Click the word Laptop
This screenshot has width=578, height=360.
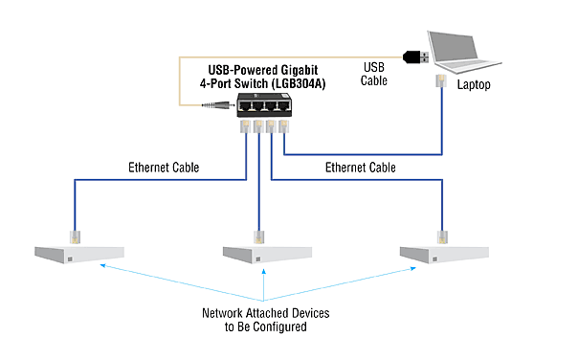473,84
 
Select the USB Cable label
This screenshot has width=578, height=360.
373,74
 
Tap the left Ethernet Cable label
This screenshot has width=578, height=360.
165,168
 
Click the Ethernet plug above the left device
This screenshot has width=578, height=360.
75,235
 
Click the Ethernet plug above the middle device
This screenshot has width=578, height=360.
258,235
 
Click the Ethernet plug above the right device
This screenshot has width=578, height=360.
441,235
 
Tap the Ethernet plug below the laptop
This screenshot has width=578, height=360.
441,81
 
